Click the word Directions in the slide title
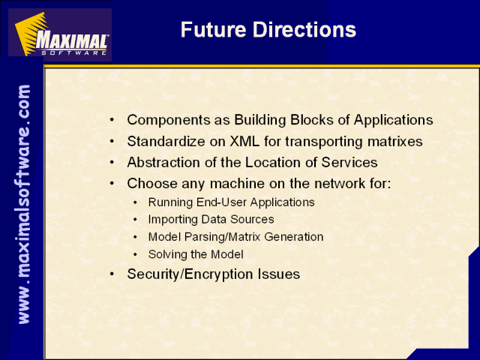click(x=304, y=30)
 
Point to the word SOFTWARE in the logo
click(x=74, y=52)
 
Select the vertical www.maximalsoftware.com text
click(x=24, y=204)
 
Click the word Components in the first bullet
click(x=169, y=120)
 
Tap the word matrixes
click(x=395, y=142)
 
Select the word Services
click(x=349, y=163)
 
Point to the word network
click(x=340, y=184)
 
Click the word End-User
click(x=221, y=202)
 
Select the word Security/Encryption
click(x=190, y=274)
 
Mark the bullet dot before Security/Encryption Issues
click(x=112, y=274)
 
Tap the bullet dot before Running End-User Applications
click(x=135, y=202)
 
